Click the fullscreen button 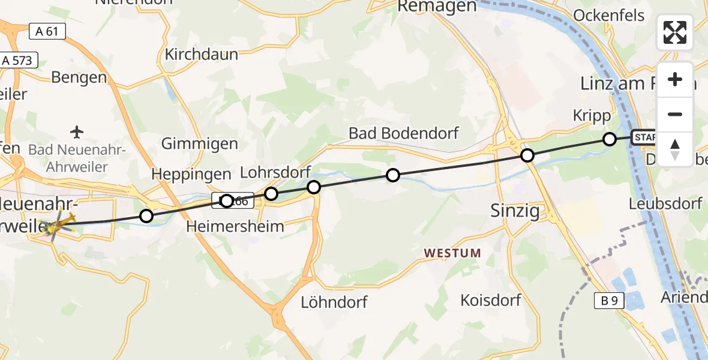(x=675, y=32)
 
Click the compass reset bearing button (x=675, y=149)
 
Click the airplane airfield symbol (x=77, y=131)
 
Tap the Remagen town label (x=437, y=7)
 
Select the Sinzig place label (x=515, y=211)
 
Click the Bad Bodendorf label (x=405, y=133)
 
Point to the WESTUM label (x=452, y=253)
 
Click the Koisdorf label (x=491, y=299)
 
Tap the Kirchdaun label (x=202, y=54)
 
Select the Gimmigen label (x=200, y=144)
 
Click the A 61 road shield (x=47, y=31)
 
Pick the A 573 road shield (x=18, y=60)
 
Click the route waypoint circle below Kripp (x=609, y=139)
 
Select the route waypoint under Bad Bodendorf (x=392, y=175)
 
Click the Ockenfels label (x=610, y=15)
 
